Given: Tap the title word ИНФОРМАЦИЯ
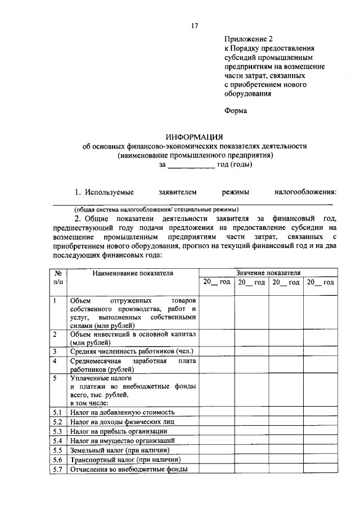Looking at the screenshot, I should pyautogui.click(x=195, y=137).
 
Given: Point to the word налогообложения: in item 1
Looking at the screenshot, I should pyautogui.click(x=304, y=192).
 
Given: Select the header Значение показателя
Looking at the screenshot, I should pyautogui.click(x=268, y=272).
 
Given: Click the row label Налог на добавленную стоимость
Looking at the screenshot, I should pyautogui.click(x=126, y=412).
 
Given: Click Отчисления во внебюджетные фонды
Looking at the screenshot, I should pyautogui.click(x=128, y=469).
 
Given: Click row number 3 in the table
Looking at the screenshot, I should pyautogui.click(x=55, y=351).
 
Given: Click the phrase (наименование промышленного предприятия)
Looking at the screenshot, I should pyautogui.click(x=195, y=155).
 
